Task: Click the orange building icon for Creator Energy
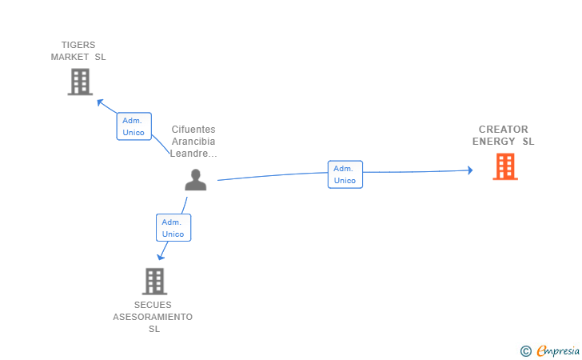504,166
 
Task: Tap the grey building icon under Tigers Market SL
80,82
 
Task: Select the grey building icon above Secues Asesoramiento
154,281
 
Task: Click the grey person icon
196,180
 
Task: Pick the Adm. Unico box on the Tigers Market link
134,126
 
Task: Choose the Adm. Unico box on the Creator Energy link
345,174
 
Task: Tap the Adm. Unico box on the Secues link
173,228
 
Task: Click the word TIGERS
78,45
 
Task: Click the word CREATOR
504,130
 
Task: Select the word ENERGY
494,142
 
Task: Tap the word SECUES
153,305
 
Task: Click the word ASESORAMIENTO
153,317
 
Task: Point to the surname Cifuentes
193,130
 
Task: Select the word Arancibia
193,142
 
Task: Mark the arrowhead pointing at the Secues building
161,256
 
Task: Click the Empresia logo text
557,350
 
